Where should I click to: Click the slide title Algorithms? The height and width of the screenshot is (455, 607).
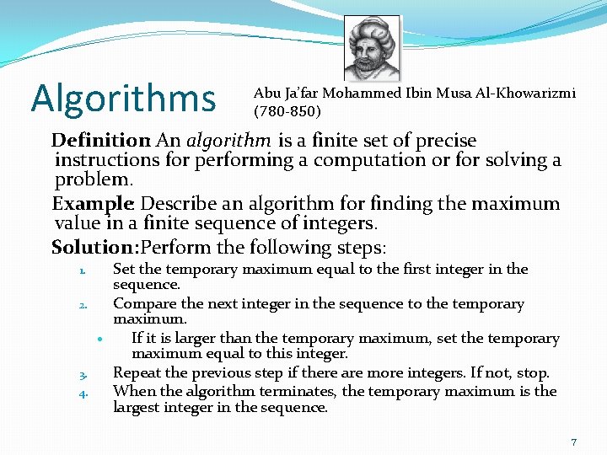click(x=123, y=98)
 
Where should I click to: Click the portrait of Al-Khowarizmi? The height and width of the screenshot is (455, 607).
click(x=372, y=49)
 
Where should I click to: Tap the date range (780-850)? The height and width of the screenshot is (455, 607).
click(x=287, y=110)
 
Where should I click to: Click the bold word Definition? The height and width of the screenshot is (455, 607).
click(x=100, y=141)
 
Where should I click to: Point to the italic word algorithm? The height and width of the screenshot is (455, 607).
click(x=228, y=141)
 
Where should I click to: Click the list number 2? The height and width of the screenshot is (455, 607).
click(x=83, y=306)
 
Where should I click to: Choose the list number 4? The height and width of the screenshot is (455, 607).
click(x=83, y=393)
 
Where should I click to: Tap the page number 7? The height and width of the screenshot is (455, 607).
click(x=573, y=442)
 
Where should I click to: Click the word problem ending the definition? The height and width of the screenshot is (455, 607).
click(x=93, y=180)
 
